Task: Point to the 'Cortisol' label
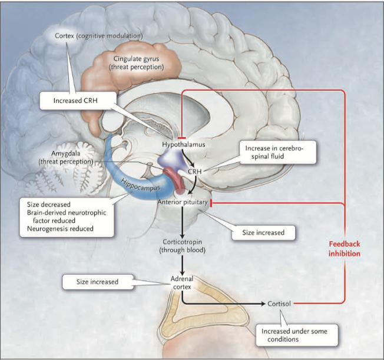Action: [280, 305]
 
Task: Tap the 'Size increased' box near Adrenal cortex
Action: [97, 282]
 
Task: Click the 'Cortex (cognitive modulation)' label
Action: [98, 36]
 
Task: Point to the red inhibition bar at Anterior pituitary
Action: [210, 202]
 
